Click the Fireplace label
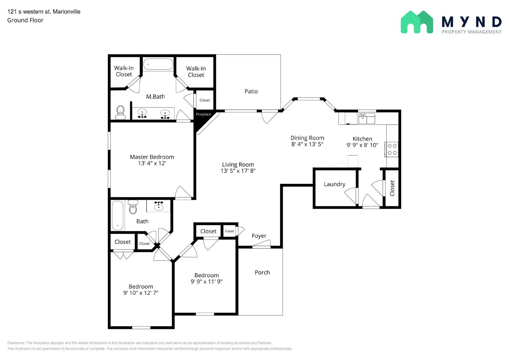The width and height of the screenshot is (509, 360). (203, 114)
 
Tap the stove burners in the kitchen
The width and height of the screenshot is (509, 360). (392, 149)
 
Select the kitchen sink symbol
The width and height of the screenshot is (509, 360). (366, 118)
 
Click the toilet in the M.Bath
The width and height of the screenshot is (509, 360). (120, 112)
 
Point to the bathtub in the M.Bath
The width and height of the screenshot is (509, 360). (158, 64)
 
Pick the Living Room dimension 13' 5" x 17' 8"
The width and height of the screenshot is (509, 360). (238, 171)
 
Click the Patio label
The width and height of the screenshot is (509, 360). (251, 92)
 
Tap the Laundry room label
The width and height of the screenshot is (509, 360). (334, 184)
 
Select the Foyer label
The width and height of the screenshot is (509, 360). (259, 236)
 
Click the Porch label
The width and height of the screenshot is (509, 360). (262, 273)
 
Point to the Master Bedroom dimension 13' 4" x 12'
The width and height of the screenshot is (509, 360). (152, 163)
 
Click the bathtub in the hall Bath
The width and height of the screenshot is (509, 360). (117, 215)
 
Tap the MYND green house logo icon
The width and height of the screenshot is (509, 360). (417, 22)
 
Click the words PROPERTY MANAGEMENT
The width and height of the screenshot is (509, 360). (471, 32)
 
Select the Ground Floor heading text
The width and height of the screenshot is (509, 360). (25, 20)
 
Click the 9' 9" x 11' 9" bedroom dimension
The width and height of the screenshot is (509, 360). (206, 281)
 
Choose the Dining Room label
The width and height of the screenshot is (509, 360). (307, 138)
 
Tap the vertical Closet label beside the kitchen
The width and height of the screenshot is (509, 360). (392, 188)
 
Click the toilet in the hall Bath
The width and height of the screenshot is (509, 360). (133, 207)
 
